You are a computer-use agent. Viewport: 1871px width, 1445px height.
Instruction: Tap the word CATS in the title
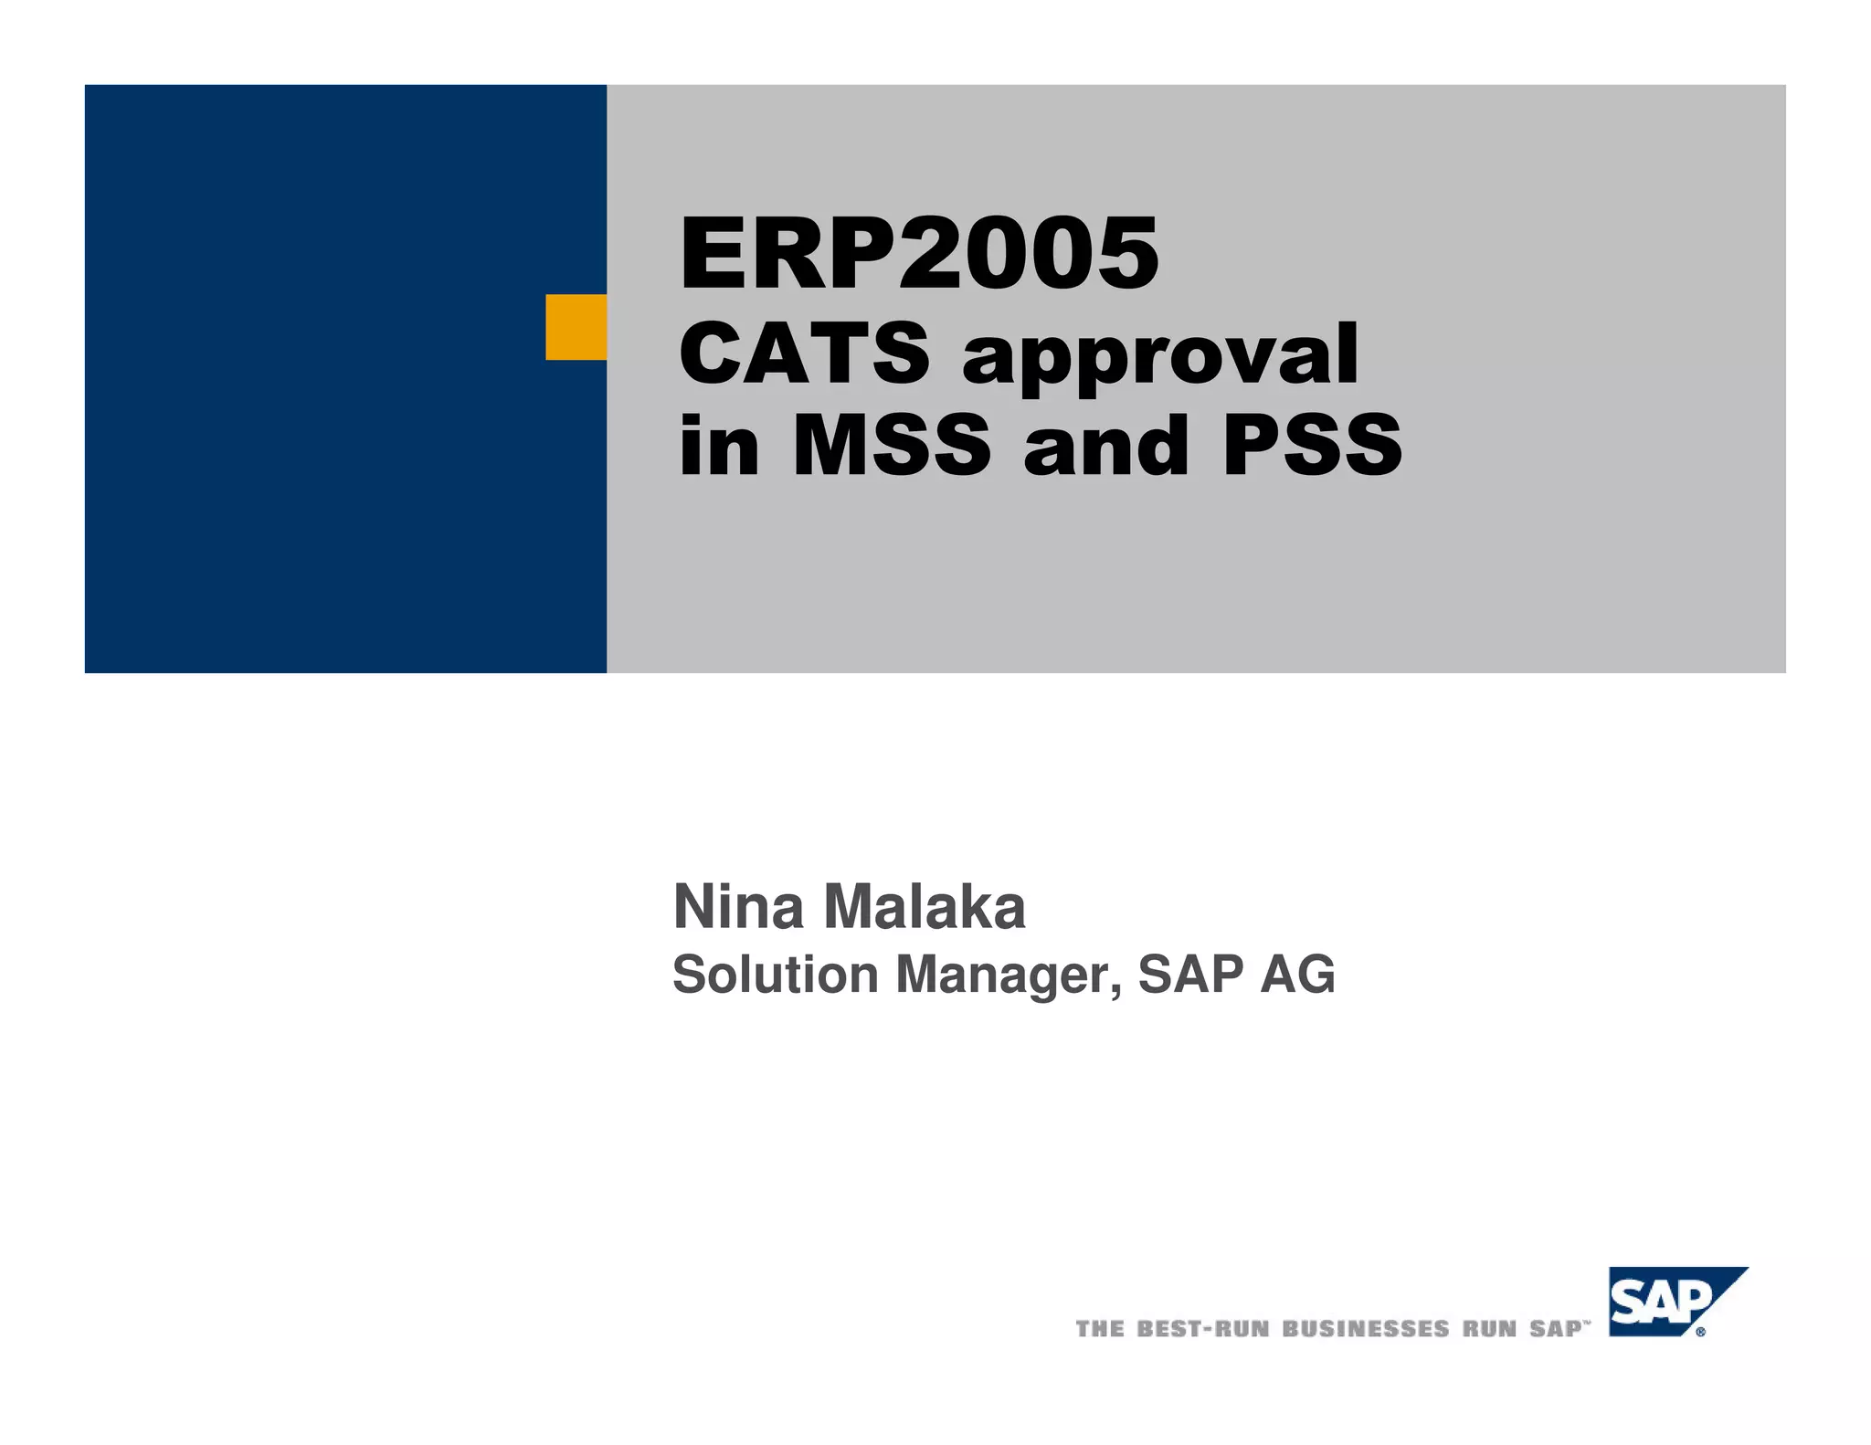coord(804,353)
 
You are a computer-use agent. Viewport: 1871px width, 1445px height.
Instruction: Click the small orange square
coord(576,327)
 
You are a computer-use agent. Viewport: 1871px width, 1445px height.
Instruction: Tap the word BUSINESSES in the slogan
coord(1366,1329)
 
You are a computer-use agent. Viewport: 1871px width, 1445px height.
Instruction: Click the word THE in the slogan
coord(1100,1329)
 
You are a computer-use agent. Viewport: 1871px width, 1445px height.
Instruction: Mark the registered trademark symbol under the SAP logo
coord(1700,1333)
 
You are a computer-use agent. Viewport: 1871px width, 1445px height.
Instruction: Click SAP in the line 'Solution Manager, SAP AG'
coord(1190,975)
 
